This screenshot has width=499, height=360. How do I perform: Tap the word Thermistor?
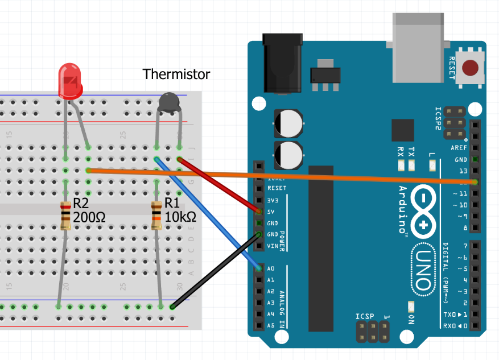(176, 74)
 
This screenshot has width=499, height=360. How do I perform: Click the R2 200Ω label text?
(89, 210)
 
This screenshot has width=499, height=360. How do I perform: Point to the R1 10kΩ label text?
(180, 210)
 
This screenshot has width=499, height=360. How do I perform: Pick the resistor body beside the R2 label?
(66, 216)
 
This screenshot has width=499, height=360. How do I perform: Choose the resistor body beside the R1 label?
(156, 216)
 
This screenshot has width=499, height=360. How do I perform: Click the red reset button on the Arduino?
(471, 68)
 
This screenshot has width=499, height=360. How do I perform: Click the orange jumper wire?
(284, 176)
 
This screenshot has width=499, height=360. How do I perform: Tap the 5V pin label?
(271, 211)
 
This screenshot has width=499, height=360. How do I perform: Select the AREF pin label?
(459, 148)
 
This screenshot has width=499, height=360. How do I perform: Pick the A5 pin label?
(271, 326)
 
